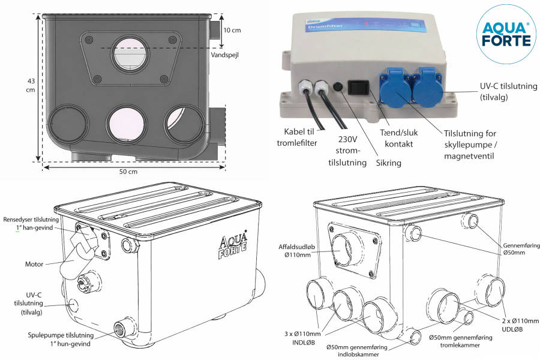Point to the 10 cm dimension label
232,30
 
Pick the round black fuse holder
338,88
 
